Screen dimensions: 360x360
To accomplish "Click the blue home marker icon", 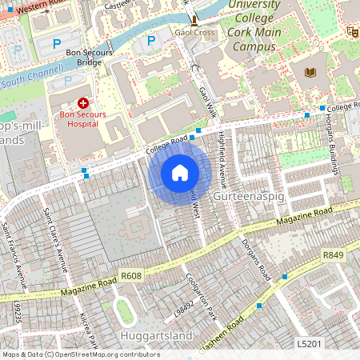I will (180, 173).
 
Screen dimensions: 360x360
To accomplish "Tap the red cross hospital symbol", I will (83, 104).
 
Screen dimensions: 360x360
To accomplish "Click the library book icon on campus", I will (311, 73).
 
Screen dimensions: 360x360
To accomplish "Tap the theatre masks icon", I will (351, 31).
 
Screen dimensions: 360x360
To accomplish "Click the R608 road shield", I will (130, 276).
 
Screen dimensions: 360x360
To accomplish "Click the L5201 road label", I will (309, 343).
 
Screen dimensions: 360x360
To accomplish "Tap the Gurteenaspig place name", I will (245, 195).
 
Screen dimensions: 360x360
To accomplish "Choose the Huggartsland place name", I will (153, 333).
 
